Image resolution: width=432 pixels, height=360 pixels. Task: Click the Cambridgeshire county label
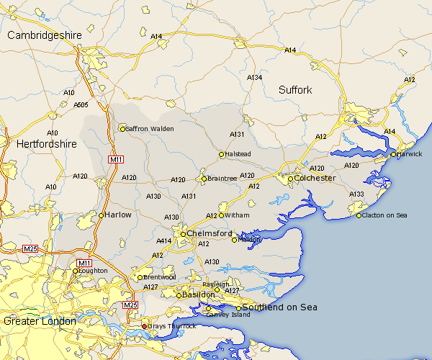[45, 35]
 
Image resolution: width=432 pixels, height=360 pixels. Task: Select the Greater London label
[40, 321]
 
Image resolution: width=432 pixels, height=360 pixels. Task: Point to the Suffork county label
[295, 90]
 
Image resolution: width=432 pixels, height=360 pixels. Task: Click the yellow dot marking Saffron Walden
[122, 129]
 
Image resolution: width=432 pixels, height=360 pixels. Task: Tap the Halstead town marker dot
[222, 154]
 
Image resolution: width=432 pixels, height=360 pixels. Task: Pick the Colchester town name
[315, 178]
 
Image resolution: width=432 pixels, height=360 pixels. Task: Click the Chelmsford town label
[210, 234]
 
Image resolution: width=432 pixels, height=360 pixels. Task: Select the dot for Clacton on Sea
[359, 215]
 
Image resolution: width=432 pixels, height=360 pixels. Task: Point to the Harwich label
[410, 154]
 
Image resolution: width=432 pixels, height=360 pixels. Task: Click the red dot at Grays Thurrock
[144, 326]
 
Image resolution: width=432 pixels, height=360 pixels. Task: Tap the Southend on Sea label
[280, 307]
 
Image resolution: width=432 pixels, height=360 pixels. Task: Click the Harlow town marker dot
[102, 215]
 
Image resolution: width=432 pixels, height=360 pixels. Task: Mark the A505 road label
[81, 105]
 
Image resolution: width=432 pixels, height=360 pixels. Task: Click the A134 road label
[255, 77]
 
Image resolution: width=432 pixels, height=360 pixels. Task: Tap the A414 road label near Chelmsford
[164, 241]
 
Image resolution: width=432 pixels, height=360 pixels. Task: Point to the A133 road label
[356, 194]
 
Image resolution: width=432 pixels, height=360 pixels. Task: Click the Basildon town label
[198, 295]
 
